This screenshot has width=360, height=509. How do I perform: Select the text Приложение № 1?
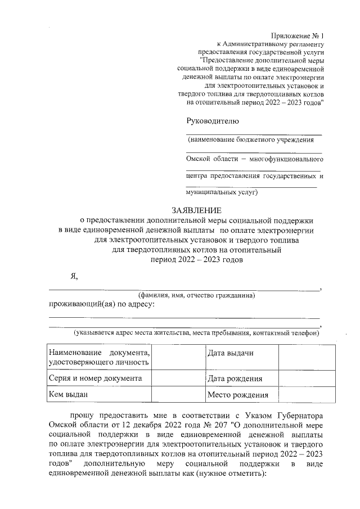click(296, 35)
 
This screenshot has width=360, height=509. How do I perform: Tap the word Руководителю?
click(213, 121)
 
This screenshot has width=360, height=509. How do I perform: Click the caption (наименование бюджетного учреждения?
click(250, 139)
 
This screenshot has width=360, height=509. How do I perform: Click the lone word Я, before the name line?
click(73, 276)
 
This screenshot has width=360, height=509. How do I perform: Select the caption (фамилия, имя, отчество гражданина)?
click(197, 295)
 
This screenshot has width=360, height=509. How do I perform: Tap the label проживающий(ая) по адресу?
click(101, 304)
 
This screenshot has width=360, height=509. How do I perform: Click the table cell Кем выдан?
click(69, 395)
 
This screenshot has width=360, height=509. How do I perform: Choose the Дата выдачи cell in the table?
click(231, 353)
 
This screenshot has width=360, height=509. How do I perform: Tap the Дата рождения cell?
click(235, 379)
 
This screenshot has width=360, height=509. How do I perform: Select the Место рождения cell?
click(237, 395)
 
